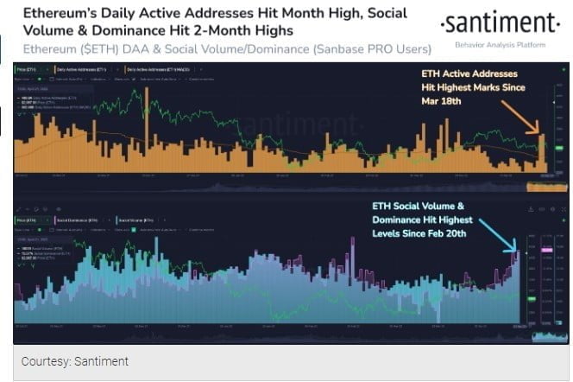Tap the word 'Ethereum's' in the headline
coord(59,15)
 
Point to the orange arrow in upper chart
coord(520,120)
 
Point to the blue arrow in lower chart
coord(496,232)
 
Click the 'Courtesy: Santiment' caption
coord(75,361)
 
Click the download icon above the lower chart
coord(527,208)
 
